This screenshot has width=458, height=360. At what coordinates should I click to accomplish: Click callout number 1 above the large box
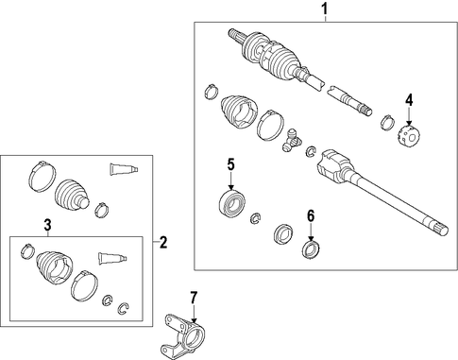click(325, 9)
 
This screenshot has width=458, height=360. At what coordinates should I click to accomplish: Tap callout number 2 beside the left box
click(163, 242)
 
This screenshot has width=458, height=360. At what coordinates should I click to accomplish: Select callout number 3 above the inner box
click(47, 225)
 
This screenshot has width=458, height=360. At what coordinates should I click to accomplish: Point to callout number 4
click(409, 100)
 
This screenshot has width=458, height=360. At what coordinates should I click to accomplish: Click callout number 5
click(231, 164)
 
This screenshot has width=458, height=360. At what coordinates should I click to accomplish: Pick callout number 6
click(311, 216)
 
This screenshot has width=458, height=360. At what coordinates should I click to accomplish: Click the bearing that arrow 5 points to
click(232, 202)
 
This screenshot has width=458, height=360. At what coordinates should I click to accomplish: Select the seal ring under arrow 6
click(311, 249)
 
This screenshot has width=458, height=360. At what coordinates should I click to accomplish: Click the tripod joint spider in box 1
click(292, 140)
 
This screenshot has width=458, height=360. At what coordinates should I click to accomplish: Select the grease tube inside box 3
click(113, 258)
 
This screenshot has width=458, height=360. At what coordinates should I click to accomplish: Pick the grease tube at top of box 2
click(124, 169)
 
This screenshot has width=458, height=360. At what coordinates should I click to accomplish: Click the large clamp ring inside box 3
click(84, 285)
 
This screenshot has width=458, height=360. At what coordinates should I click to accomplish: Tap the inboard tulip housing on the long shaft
click(334, 166)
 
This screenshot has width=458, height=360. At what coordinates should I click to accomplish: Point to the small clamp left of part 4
click(387, 122)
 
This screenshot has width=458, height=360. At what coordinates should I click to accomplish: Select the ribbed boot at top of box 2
click(72, 194)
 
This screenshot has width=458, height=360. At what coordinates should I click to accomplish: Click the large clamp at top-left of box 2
click(42, 176)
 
